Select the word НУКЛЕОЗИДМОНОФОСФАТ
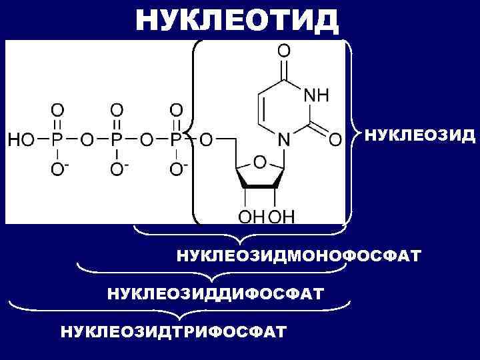[298, 255]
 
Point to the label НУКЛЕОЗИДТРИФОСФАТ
[174, 331]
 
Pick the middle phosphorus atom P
[117, 141]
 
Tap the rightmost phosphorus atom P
[175, 141]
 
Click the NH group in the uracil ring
[316, 95]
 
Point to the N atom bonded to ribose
[284, 141]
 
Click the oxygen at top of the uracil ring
[284, 51]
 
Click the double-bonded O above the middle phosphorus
[117, 109]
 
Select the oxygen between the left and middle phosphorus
[87, 141]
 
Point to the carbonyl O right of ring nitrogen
[335, 141]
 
